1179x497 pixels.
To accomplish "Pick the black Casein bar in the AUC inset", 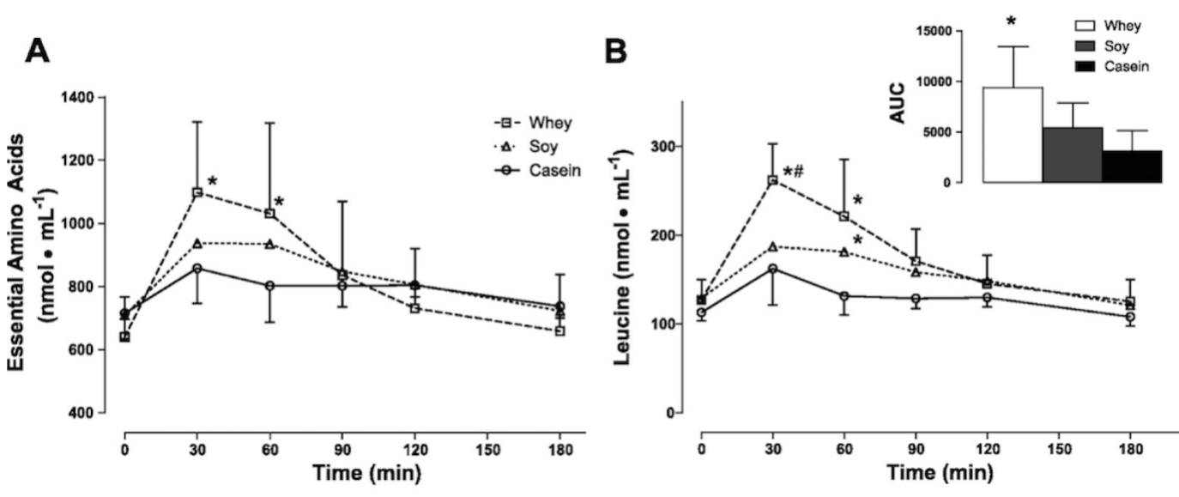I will pyautogui.click(x=1132, y=167).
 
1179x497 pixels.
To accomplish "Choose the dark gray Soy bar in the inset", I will pyautogui.click(x=1072, y=155).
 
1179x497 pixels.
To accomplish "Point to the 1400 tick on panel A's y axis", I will pyautogui.click(x=93, y=97).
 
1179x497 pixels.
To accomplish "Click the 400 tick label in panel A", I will pyautogui.click(x=97, y=413).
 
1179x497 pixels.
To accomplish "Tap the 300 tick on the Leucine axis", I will pyautogui.click(x=662, y=146).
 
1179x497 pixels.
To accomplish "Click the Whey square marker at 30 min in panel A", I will pyautogui.click(x=197, y=192).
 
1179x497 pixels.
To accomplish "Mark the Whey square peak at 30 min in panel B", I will pyautogui.click(x=773, y=180).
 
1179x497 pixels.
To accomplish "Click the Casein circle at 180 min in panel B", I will pyautogui.click(x=1130, y=317).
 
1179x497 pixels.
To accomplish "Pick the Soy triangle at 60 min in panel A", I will pyautogui.click(x=269, y=244).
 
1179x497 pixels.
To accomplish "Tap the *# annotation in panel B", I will pyautogui.click(x=792, y=159).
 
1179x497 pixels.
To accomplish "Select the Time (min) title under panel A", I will pyautogui.click(x=354, y=473).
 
